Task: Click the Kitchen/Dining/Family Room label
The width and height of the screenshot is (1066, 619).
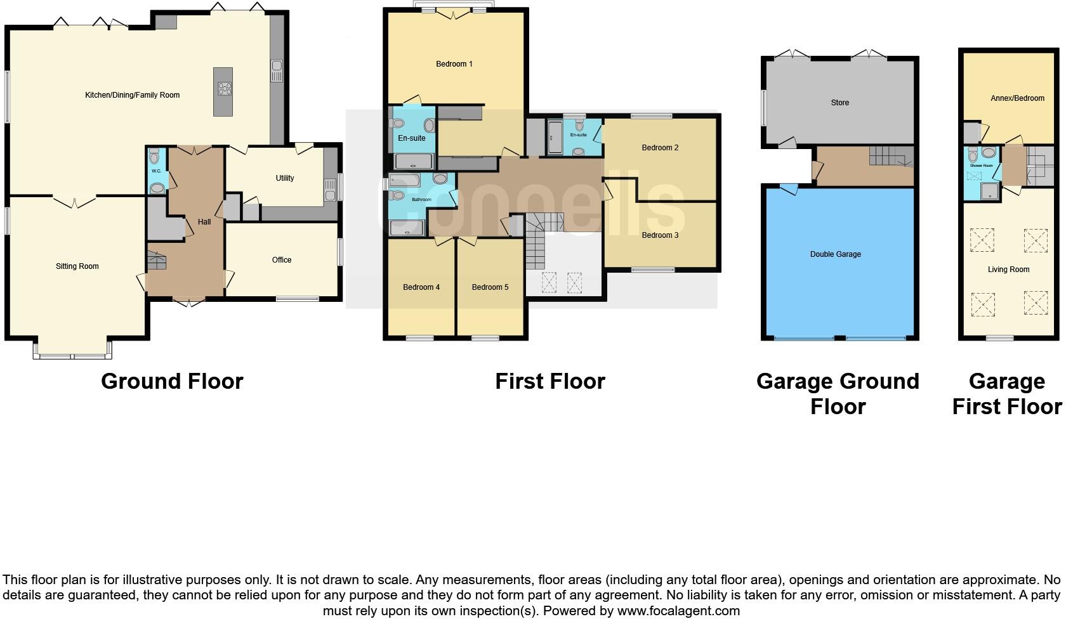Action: point(132,95)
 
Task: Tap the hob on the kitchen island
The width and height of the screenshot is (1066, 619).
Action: point(224,89)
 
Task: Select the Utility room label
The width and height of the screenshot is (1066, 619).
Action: point(284,178)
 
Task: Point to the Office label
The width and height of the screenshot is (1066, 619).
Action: point(281,260)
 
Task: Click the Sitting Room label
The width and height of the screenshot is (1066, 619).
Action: point(77,266)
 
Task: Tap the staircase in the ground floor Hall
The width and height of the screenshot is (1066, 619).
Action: point(155,261)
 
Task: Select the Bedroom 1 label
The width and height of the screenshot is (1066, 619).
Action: point(454,64)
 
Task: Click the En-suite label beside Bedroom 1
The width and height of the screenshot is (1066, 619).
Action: point(411,138)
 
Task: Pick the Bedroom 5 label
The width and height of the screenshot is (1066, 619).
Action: point(490,287)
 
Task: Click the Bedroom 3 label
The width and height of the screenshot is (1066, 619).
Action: point(660,235)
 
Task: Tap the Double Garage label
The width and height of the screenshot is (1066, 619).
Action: point(835,254)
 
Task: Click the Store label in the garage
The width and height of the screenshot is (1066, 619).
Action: point(839,103)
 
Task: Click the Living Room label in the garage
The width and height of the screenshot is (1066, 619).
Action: point(1008,270)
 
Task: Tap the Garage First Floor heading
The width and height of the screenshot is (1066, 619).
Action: point(1006,394)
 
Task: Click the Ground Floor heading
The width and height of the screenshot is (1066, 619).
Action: point(172,381)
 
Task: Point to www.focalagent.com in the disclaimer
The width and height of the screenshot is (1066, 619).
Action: point(678,611)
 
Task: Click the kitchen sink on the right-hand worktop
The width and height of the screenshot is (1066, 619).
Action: point(277,70)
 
